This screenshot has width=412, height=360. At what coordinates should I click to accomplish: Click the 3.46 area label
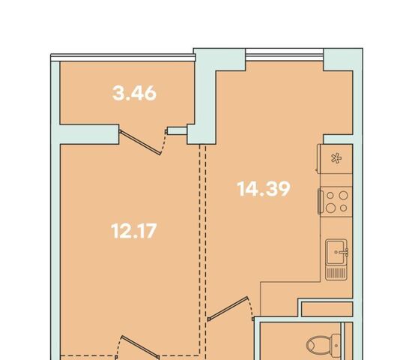pos(134,94)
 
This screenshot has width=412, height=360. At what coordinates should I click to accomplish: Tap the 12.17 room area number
pos(134,231)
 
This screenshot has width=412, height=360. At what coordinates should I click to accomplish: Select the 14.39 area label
pos(264,189)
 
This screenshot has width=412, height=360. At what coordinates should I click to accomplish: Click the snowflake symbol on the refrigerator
pos(336,158)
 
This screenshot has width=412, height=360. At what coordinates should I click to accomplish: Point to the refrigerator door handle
pos(318,158)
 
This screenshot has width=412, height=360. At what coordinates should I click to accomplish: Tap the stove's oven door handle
pos(320,202)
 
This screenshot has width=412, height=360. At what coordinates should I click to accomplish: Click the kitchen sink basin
pos(335,252)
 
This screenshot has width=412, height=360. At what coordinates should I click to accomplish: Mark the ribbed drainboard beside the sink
pos(336,273)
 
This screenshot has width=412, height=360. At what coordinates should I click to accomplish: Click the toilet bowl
pos(318,345)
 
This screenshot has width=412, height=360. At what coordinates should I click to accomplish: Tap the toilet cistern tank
pos(336,345)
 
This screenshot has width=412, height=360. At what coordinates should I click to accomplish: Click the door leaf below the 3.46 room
pos(140,142)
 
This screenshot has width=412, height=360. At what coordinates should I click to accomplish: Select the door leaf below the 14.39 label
pos(228,309)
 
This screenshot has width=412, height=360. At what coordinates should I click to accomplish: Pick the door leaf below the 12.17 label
pos(139,346)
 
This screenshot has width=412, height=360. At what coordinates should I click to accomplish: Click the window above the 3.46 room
pos(123,58)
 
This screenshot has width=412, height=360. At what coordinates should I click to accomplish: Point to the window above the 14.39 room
pos(285,55)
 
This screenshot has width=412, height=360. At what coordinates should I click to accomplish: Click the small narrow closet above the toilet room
pos(327,309)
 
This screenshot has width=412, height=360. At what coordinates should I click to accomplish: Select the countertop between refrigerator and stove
pos(336,180)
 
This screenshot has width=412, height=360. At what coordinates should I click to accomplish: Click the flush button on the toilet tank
pos(336,345)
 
